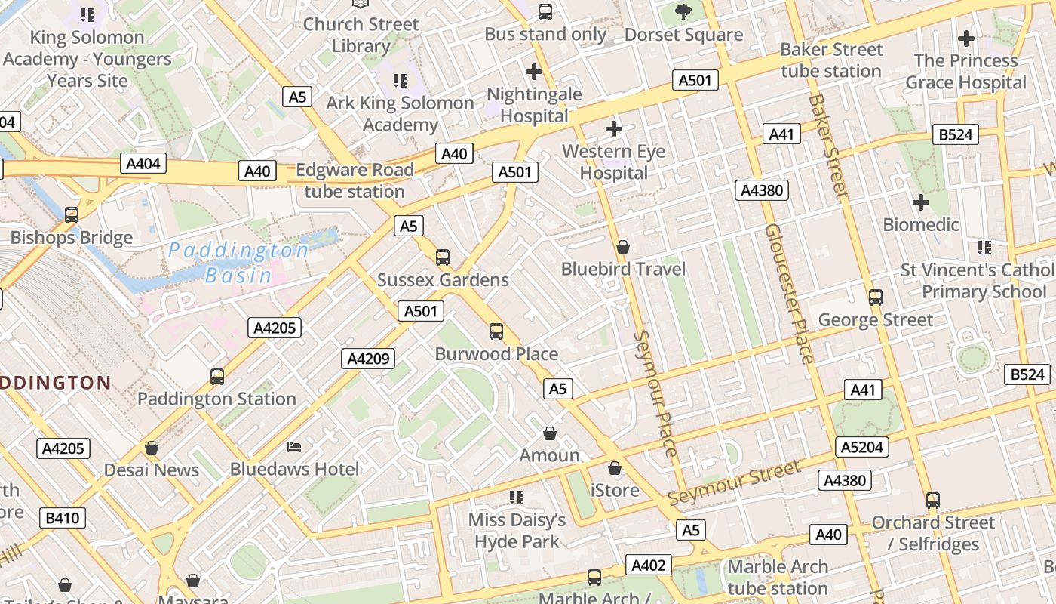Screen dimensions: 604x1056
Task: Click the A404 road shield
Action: tap(143, 164)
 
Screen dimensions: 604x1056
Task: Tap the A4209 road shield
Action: tap(368, 359)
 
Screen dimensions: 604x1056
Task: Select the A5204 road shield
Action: tap(862, 447)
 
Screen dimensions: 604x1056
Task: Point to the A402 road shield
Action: tap(648, 565)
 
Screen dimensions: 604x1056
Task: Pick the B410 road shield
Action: tap(63, 518)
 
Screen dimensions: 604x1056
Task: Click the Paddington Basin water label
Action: tap(238, 263)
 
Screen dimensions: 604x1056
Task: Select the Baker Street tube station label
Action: tap(831, 60)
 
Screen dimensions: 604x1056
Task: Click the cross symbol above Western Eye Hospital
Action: tap(614, 129)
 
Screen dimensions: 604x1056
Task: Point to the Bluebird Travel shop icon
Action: tap(623, 247)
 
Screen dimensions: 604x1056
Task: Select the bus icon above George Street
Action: tap(876, 297)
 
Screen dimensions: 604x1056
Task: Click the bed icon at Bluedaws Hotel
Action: tap(294, 447)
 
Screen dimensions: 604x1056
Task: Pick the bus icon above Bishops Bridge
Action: tap(72, 215)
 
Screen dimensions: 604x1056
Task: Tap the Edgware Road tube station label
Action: tap(355, 180)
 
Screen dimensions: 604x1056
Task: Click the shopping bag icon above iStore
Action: tap(615, 468)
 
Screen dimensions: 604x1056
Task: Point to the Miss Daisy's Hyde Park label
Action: tap(517, 531)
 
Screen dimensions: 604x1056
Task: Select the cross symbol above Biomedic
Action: tap(920, 202)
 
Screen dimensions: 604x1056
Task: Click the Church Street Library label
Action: tap(361, 35)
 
